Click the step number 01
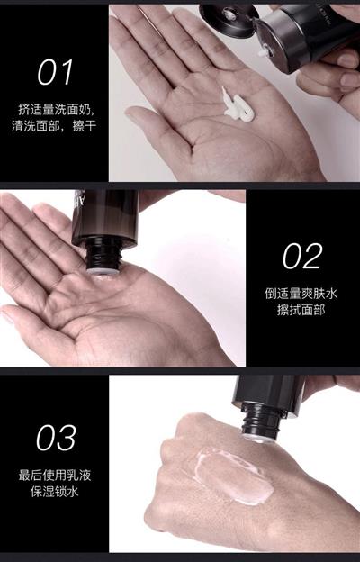coord(55,72)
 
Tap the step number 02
coord(302,257)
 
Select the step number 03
coord(56,438)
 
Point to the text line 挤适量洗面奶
coord(57,109)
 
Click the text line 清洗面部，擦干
coord(54,126)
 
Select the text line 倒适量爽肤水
coord(301,294)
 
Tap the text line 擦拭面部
coord(301,310)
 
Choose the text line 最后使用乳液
coord(55,476)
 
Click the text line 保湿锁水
coord(55,492)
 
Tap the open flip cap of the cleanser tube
coord(229,20)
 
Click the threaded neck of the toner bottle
coord(103,257)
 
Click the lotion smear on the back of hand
coord(235,475)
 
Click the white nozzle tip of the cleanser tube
coord(264,52)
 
